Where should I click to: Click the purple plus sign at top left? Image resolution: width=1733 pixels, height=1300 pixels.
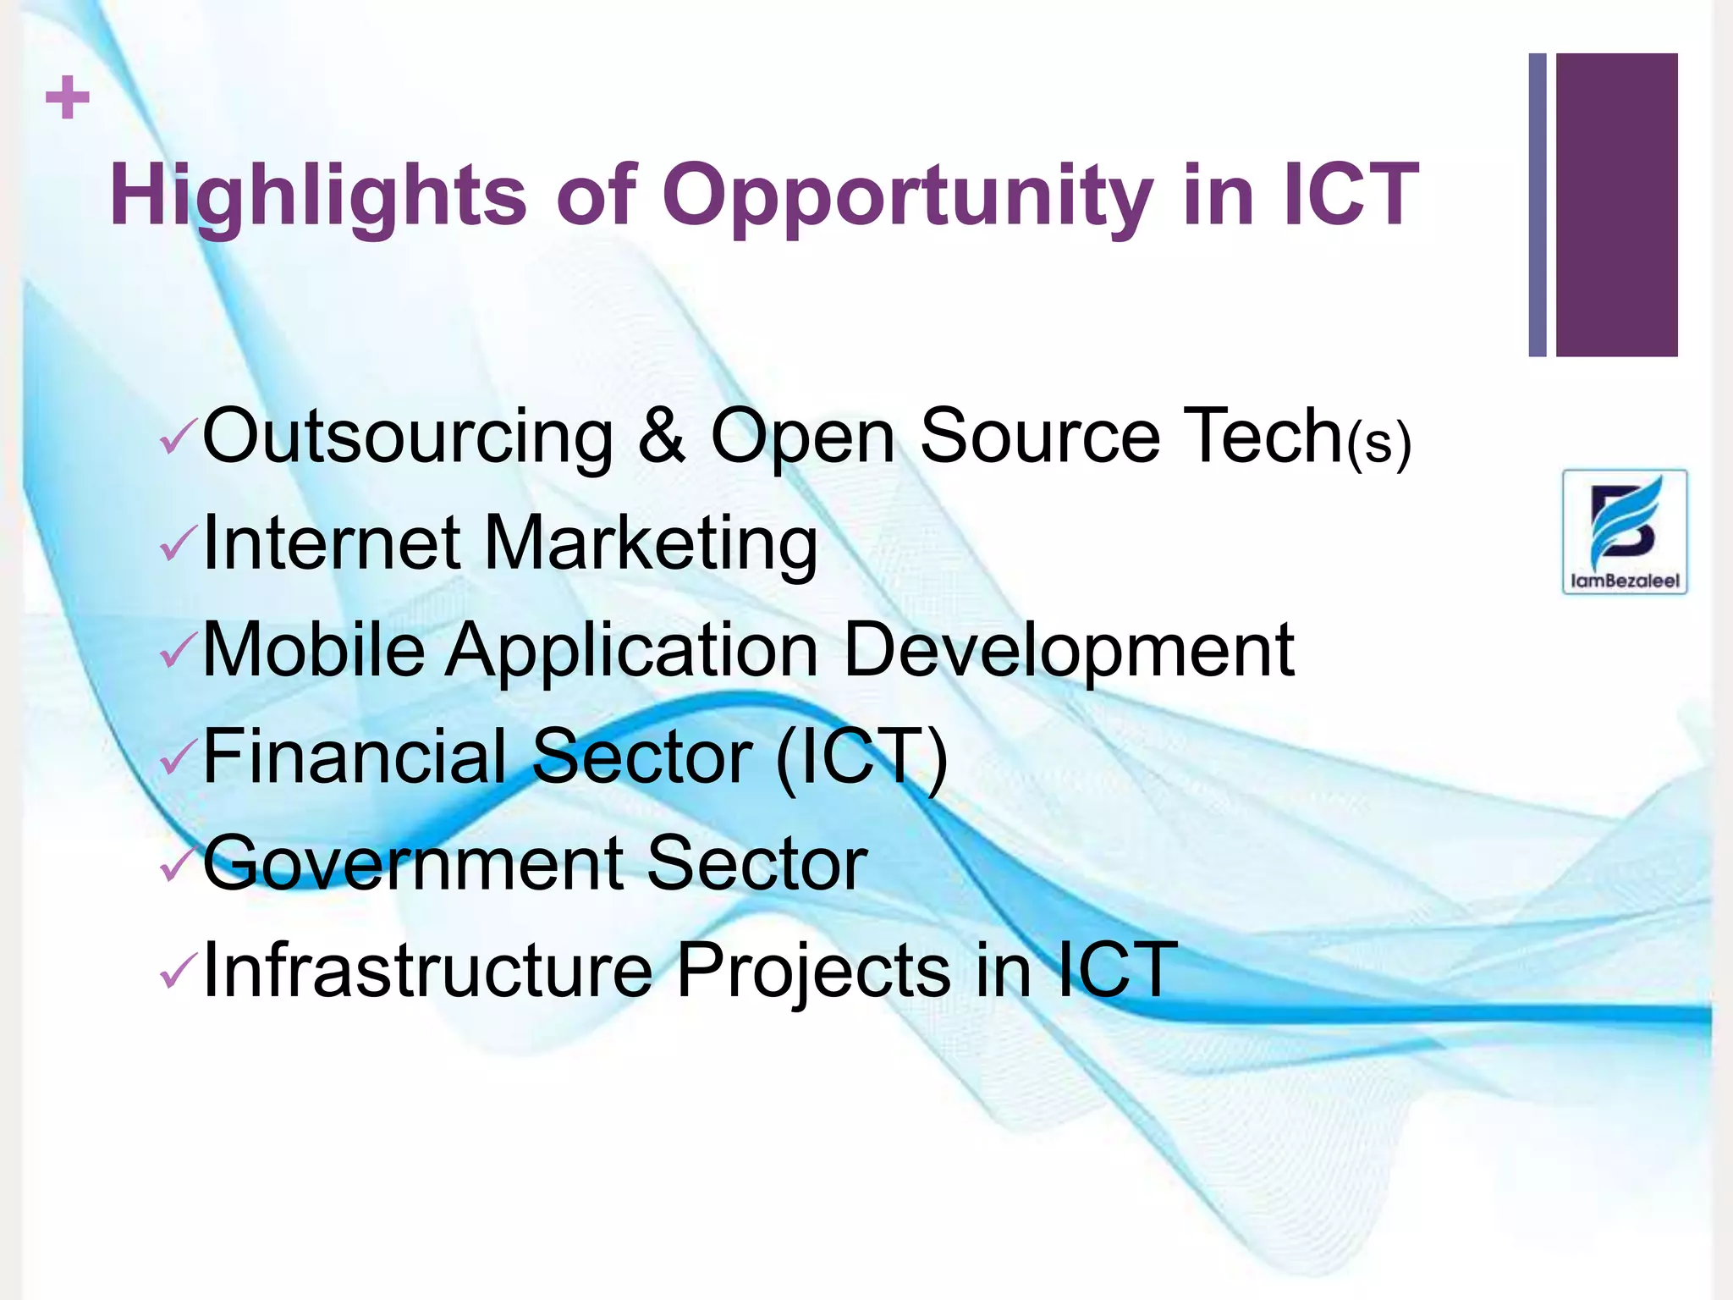coord(68,98)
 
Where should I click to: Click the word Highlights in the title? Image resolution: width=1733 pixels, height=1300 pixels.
coord(318,196)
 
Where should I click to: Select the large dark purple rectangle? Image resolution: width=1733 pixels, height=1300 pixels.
coord(1616,205)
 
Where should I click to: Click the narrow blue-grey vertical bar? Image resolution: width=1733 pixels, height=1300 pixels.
coord(1537,205)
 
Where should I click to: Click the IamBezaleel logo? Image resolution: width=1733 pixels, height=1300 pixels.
coord(1624,532)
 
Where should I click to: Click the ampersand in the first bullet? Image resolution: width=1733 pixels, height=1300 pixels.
coord(661,437)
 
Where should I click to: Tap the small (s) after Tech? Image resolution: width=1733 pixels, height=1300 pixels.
coord(1378,443)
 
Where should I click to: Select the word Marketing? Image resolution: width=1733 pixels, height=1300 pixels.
coord(650,543)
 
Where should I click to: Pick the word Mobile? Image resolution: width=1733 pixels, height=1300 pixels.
coord(314,650)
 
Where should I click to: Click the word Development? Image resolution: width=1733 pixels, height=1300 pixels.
coord(1069,650)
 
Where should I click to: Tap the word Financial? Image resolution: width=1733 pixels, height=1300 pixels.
coord(355,757)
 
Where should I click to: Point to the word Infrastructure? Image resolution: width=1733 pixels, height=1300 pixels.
coord(428,970)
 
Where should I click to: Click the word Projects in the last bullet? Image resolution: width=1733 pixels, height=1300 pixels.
coord(813,970)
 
